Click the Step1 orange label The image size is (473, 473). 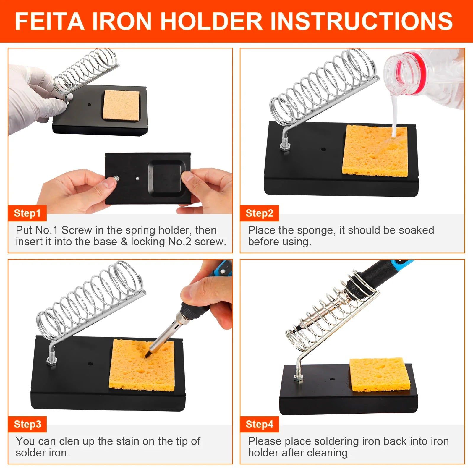pyautogui.click(x=27, y=213)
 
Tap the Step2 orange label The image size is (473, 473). pyautogui.click(x=259, y=213)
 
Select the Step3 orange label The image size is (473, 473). pyautogui.click(x=27, y=424)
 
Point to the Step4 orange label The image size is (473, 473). pyautogui.click(x=259, y=424)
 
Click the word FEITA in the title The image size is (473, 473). pyautogui.click(x=49, y=21)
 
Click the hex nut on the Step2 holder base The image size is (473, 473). pyautogui.click(x=285, y=147)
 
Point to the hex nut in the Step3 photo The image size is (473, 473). pyautogui.click(x=51, y=361)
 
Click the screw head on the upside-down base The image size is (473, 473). pyautogui.click(x=116, y=178)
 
